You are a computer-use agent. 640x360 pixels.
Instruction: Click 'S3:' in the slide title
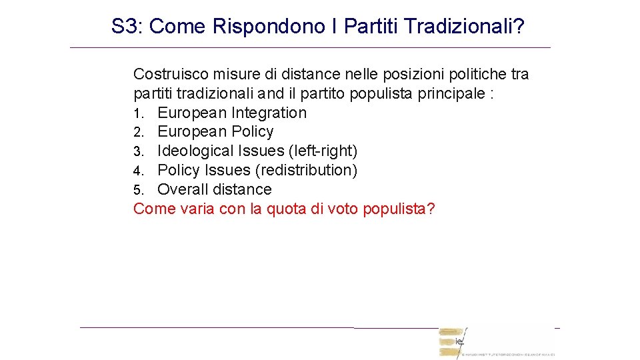(127, 27)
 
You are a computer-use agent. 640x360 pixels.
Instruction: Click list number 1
(138, 113)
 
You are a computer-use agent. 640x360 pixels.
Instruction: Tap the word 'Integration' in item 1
(269, 113)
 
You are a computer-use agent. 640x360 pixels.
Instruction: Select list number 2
(138, 133)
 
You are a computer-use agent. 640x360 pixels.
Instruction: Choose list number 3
(138, 152)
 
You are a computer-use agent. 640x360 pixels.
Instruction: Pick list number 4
(138, 171)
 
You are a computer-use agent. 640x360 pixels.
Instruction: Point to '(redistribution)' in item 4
(306, 170)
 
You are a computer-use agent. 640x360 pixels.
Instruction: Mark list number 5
(138, 191)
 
